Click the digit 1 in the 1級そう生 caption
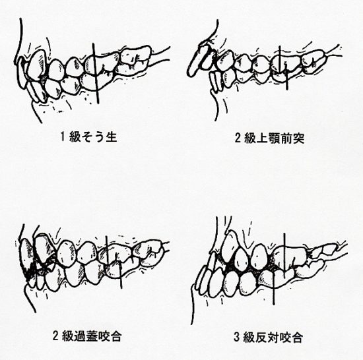click(x=62, y=136)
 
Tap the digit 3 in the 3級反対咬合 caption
click(x=236, y=338)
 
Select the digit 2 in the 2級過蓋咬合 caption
click(x=55, y=336)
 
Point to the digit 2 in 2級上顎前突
click(x=238, y=138)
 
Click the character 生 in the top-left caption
click(x=111, y=136)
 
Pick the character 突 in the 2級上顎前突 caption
click(x=299, y=138)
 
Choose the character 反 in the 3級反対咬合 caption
click(x=261, y=338)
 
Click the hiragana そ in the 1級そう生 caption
click(x=86, y=136)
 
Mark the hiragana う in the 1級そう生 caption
click(x=99, y=136)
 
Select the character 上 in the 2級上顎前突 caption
click(x=262, y=138)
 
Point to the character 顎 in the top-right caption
click(x=274, y=138)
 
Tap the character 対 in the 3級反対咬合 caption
click(x=273, y=338)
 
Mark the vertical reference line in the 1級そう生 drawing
click(x=96, y=73)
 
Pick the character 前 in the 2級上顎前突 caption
click(x=286, y=138)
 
